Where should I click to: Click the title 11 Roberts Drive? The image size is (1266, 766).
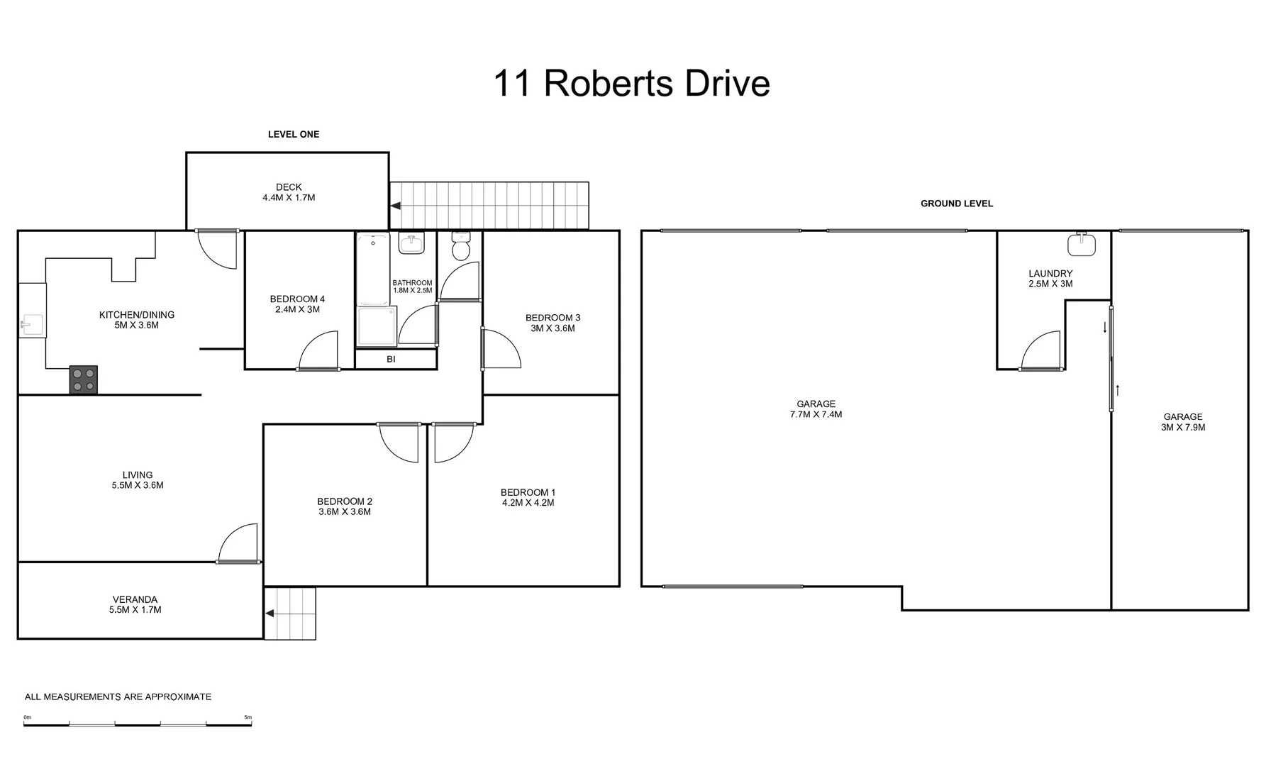coord(631,84)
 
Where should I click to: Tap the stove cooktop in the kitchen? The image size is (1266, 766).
coord(83,379)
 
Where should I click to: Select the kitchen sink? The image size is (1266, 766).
coord(31,326)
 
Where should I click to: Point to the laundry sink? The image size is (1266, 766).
coord(1082,244)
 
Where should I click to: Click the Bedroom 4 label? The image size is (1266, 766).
coord(297,304)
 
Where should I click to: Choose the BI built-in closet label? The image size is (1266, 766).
coord(391,360)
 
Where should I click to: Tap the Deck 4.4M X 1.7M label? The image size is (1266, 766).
coord(289,192)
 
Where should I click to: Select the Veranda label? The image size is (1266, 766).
coord(135,604)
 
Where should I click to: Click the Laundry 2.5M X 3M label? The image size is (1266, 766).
coord(1050,278)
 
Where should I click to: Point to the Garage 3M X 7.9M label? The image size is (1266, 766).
coord(1182,422)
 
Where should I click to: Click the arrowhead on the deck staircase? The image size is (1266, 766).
coord(396,206)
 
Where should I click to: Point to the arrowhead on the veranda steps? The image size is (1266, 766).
coord(270,614)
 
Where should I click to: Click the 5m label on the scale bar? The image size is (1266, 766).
coord(248,718)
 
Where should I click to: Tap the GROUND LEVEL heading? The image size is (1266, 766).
coord(956,204)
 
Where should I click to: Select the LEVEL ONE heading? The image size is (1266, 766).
coord(293,134)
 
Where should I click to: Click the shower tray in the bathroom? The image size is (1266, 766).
coord(377,326)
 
